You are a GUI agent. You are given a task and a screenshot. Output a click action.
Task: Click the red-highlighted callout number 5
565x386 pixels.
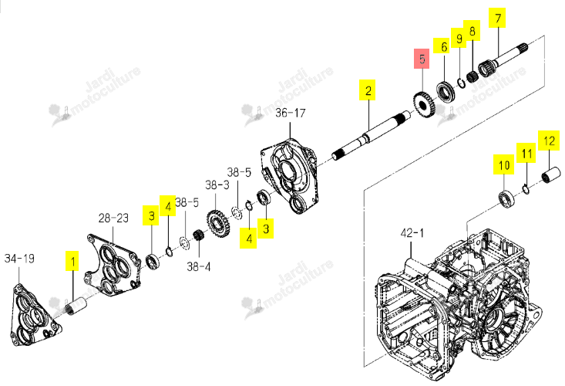[x=421, y=59]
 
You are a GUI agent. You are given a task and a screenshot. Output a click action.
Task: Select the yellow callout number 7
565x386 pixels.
[x=497, y=18]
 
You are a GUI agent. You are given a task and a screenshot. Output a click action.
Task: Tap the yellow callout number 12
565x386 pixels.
[x=549, y=141]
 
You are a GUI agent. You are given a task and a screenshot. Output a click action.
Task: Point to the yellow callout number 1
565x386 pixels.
[x=72, y=261]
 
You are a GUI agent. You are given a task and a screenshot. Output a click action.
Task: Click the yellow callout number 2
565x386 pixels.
[x=368, y=90]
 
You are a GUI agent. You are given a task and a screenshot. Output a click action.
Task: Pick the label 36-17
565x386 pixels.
[x=291, y=113]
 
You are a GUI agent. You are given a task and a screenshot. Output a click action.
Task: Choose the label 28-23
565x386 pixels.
[x=113, y=218]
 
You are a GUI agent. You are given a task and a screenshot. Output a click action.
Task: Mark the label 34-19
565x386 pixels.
[x=19, y=259]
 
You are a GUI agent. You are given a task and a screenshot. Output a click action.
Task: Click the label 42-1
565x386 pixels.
[x=412, y=233]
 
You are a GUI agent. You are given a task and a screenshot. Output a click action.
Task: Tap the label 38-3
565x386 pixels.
[x=217, y=185]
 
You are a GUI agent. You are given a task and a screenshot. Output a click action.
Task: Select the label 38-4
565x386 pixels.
[x=199, y=266]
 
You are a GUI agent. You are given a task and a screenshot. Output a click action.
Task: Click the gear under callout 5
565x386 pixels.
[x=424, y=105]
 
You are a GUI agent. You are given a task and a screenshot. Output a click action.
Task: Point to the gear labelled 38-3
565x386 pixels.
[x=218, y=225]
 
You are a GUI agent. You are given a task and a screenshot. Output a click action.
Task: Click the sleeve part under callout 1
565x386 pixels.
[x=76, y=306]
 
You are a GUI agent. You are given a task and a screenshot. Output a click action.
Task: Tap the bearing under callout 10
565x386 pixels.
[x=507, y=199]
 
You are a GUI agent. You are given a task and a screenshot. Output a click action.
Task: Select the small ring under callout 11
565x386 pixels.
[x=526, y=189]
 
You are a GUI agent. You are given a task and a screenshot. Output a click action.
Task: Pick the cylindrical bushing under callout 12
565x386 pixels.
[x=551, y=175]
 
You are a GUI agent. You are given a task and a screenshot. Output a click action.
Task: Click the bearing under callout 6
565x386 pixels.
[x=446, y=92]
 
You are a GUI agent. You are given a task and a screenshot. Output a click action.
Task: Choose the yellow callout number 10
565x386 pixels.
[x=504, y=164]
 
